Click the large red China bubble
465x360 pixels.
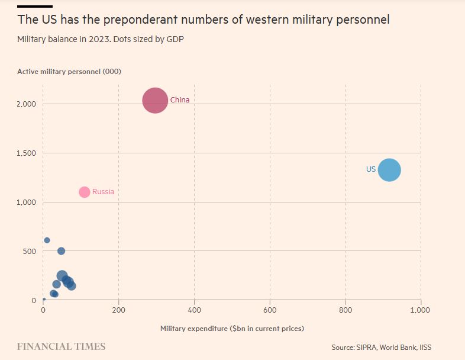(x=156, y=100)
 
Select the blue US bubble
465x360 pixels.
(x=389, y=170)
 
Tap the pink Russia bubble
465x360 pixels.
(x=84, y=192)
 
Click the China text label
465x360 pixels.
(x=180, y=100)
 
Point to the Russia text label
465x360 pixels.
(x=103, y=192)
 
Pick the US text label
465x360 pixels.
(x=371, y=169)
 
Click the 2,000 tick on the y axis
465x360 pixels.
(x=26, y=104)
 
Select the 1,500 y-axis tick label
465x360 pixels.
(x=26, y=153)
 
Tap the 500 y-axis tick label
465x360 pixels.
(x=30, y=252)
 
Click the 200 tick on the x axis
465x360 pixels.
(x=118, y=310)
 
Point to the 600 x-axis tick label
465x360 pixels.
(x=270, y=310)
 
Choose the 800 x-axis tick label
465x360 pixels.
(x=345, y=310)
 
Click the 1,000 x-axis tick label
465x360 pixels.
(x=420, y=310)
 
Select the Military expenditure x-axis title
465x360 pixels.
(x=232, y=328)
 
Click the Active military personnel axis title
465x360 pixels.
(x=69, y=72)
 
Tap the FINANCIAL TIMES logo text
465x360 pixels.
(x=61, y=346)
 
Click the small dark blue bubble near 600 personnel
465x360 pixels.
(x=47, y=240)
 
